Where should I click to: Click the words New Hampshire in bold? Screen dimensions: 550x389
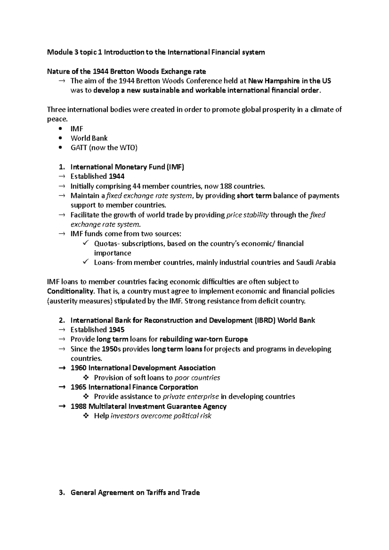pyautogui.click(x=274, y=81)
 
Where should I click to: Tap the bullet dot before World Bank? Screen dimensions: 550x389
pyautogui.click(x=60, y=138)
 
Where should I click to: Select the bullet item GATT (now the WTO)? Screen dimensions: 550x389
pyautogui.click(x=104, y=148)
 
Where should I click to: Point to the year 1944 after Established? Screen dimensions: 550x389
pyautogui.click(x=116, y=177)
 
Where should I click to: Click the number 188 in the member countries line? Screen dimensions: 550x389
pyautogui.click(x=226, y=186)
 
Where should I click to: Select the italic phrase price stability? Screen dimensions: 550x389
pyautogui.click(x=247, y=215)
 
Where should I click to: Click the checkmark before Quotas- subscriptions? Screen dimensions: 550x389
pyautogui.click(x=86, y=243)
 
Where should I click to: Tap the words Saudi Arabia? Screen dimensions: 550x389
pyautogui.click(x=316, y=263)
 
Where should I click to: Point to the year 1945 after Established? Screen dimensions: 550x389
pyautogui.click(x=116, y=330)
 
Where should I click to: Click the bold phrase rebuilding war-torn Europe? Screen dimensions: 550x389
pyautogui.click(x=204, y=339)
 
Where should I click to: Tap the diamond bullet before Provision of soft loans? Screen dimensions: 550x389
pyautogui.click(x=86, y=378)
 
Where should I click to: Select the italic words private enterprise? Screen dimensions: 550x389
pyautogui.click(x=190, y=397)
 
